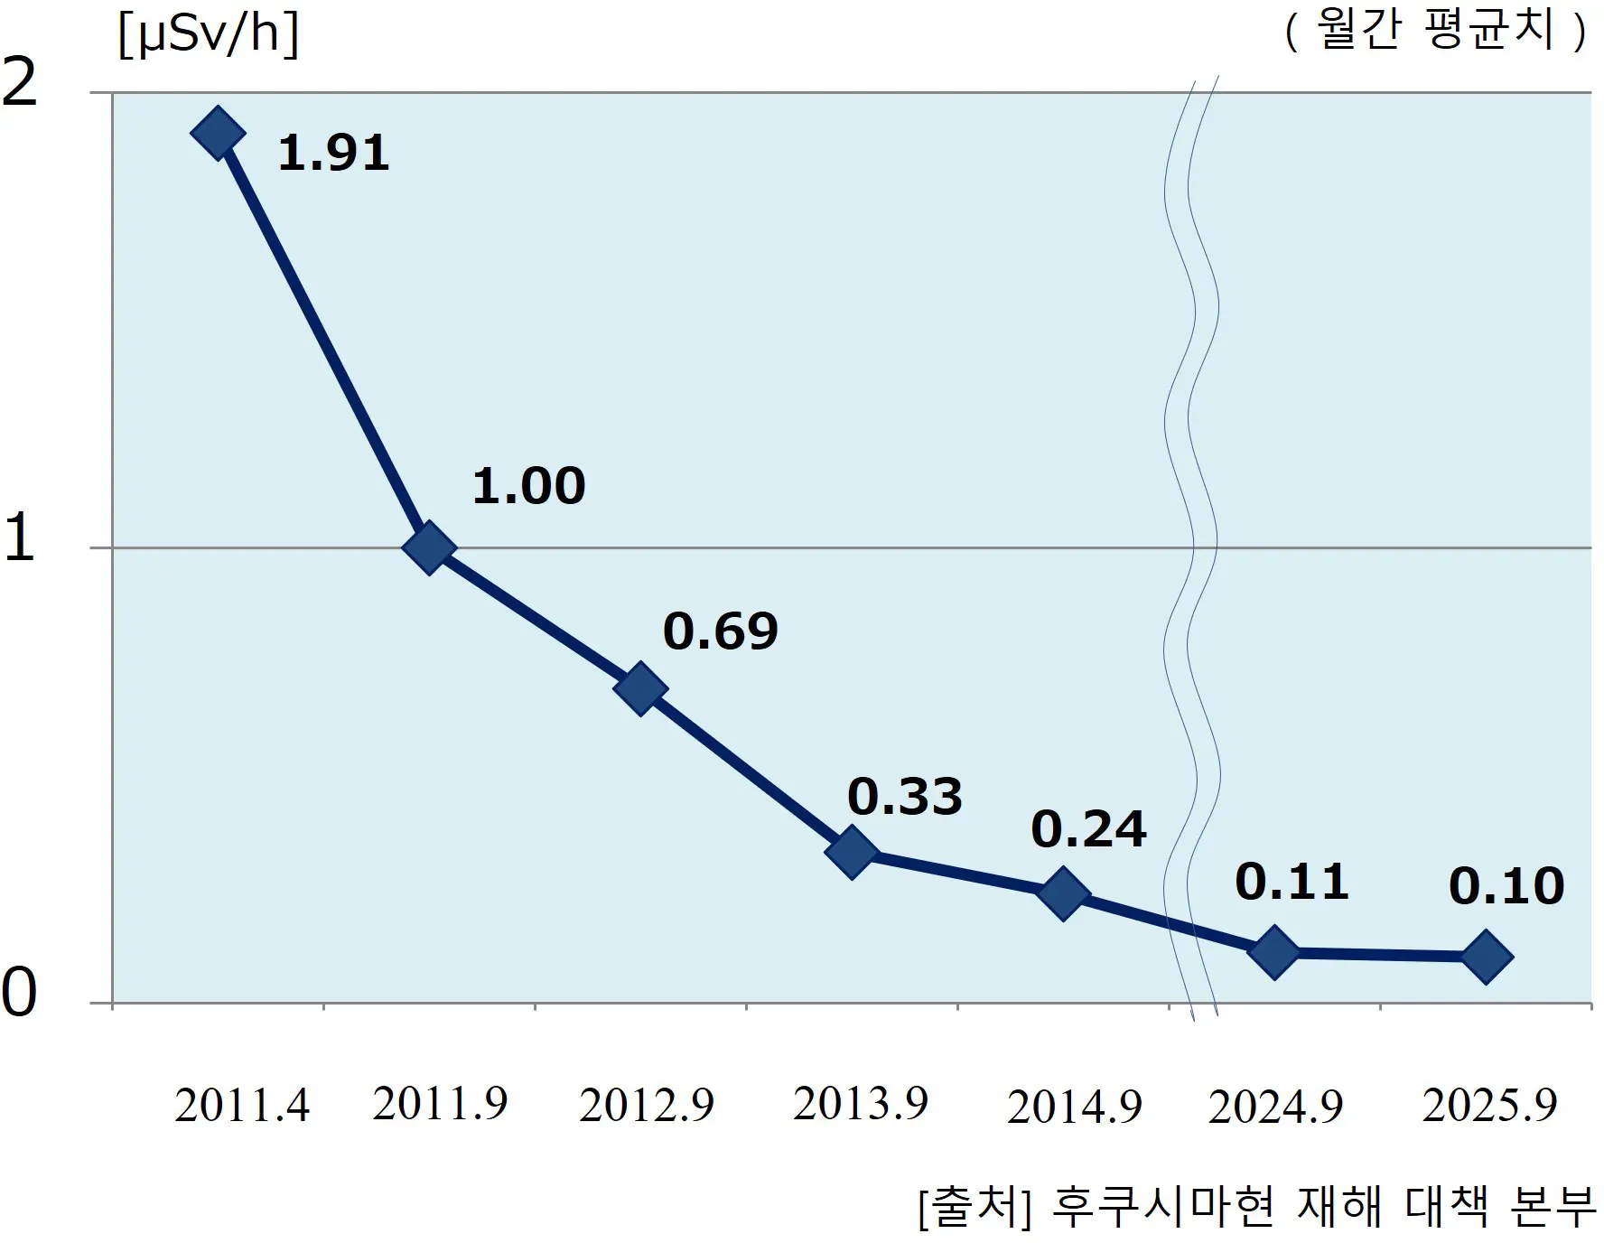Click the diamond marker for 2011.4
coord(218,133)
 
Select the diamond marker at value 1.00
coord(429,547)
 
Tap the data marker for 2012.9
coord(640,688)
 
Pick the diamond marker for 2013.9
coord(852,851)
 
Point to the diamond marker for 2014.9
coord(1063,893)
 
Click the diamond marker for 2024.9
coord(1274,951)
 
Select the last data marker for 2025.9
coord(1486,956)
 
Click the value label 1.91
coord(333,153)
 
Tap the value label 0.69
coord(720,631)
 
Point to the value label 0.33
coord(904,797)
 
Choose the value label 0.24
coord(1088,829)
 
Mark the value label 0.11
coord(1292,882)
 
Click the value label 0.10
coord(1506,886)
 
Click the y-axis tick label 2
coord(20,83)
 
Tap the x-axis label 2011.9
coord(440,1104)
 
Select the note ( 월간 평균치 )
coord(1435,32)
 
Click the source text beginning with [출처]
coord(1256,1207)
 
